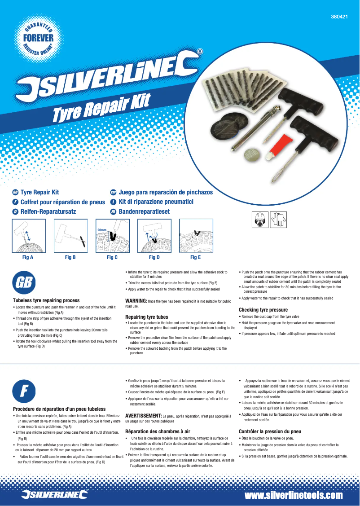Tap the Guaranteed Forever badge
[x=38, y=38]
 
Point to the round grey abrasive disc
[x=253, y=155]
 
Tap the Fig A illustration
[x=28, y=236]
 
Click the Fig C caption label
[x=112, y=258]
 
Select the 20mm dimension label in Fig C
[x=102, y=230]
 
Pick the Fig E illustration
[x=196, y=236]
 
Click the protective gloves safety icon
[x=279, y=219]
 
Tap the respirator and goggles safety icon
[x=262, y=219]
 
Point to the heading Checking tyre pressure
[x=263, y=310]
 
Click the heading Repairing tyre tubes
[x=147, y=317]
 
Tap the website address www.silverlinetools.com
[x=294, y=495]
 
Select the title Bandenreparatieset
[x=144, y=211]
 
